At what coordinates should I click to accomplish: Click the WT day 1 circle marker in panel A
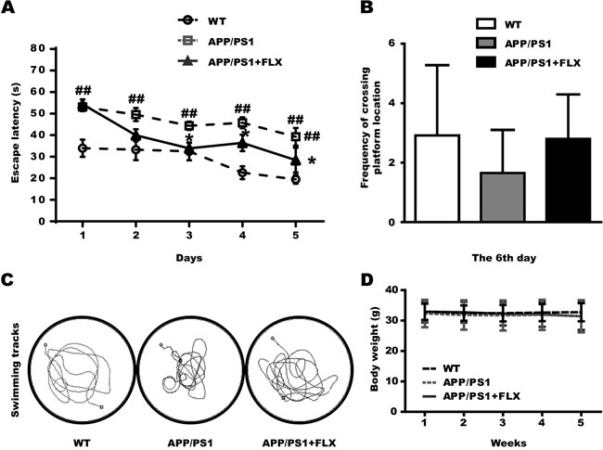tap(83, 148)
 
